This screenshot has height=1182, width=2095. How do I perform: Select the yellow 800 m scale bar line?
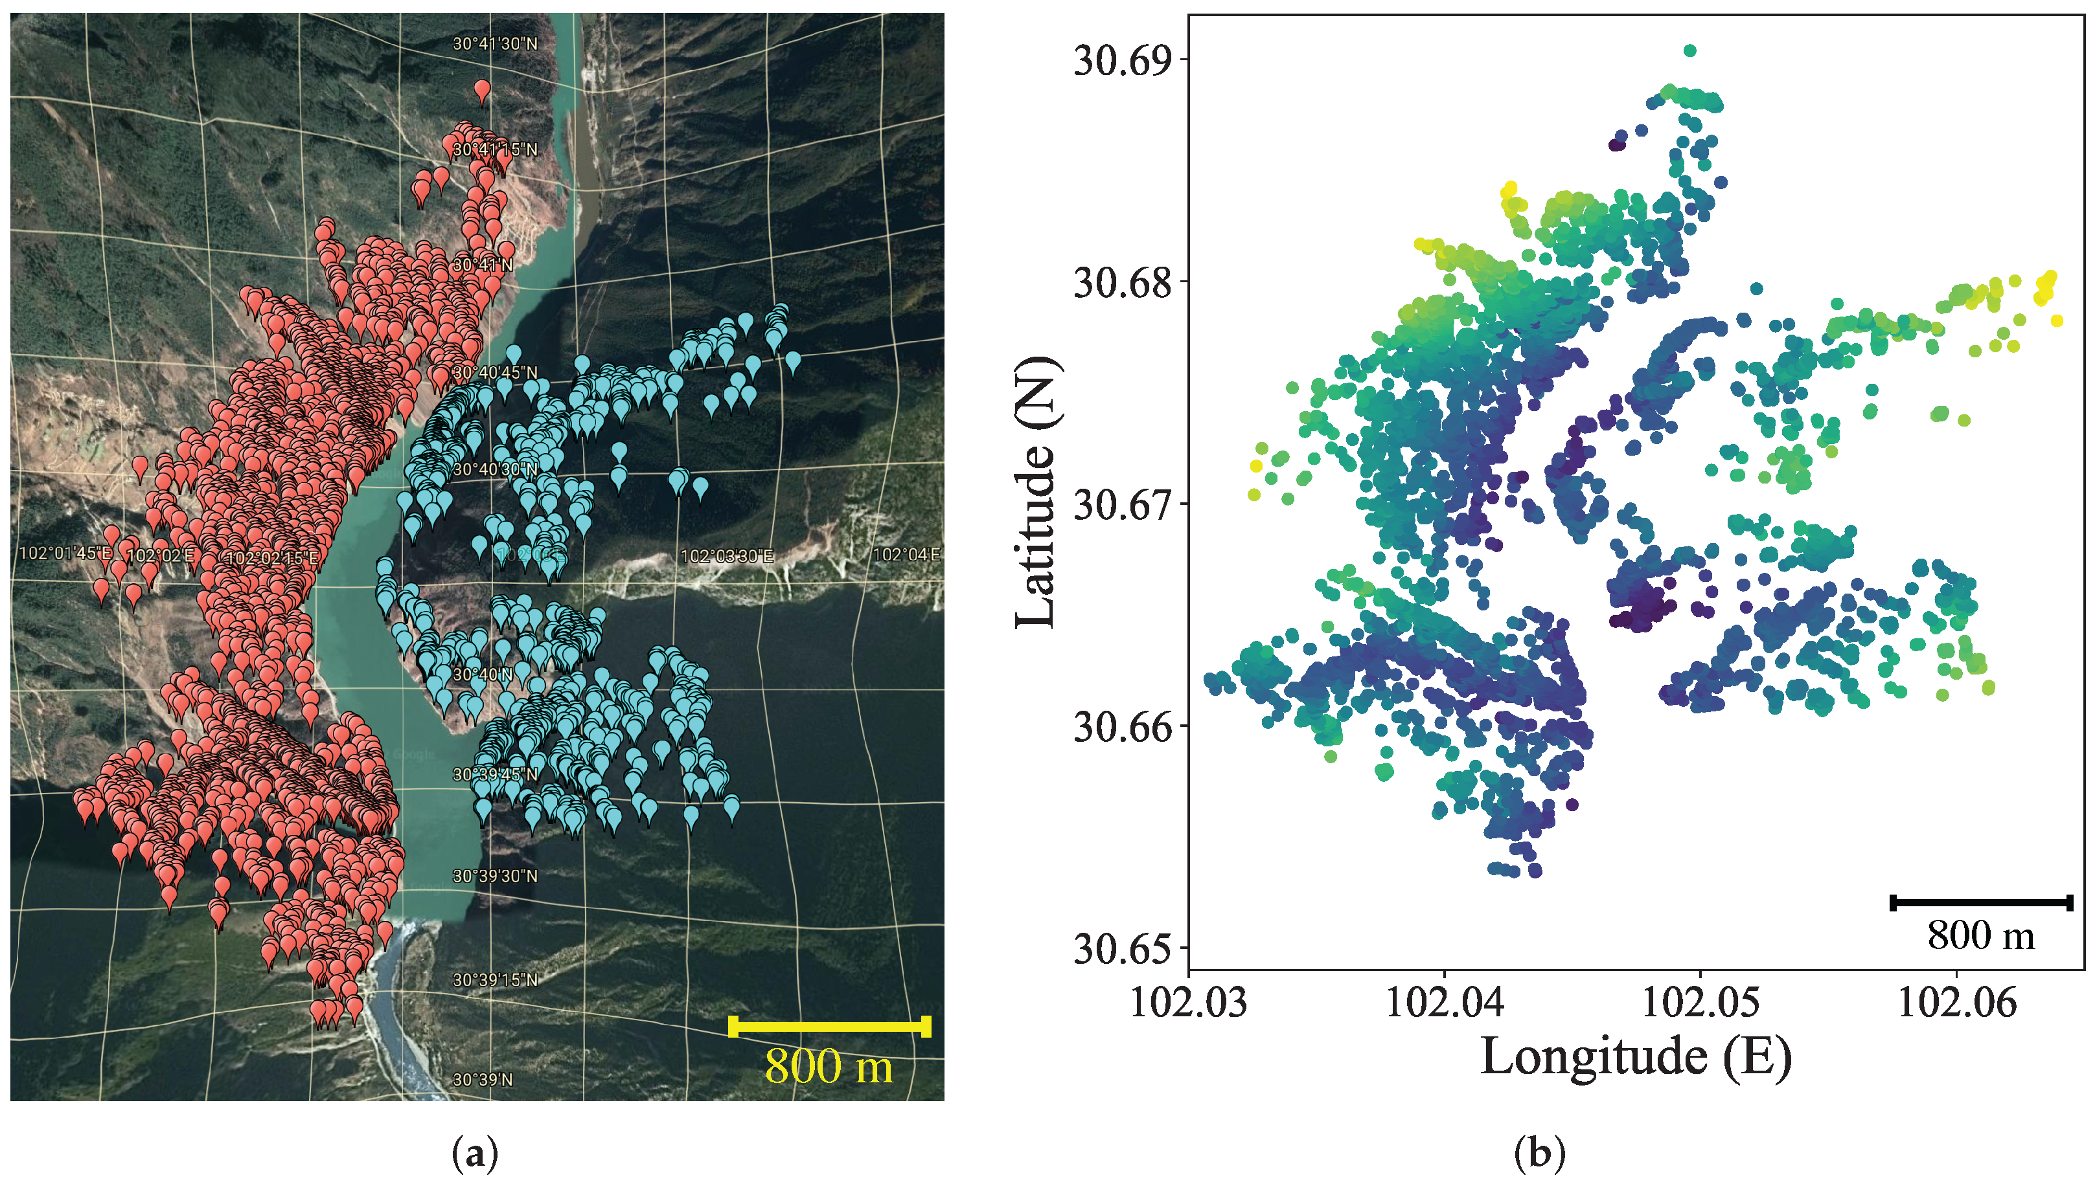(x=830, y=1026)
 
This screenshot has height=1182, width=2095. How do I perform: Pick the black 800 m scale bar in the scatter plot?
(x=1981, y=902)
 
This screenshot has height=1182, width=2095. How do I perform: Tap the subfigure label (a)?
(x=474, y=1154)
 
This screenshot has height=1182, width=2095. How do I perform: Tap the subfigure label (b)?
(x=1540, y=1154)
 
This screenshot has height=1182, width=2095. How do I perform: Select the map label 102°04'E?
(x=906, y=554)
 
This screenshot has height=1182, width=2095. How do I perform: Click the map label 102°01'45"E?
(x=65, y=553)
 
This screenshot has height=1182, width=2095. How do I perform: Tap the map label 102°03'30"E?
(x=726, y=556)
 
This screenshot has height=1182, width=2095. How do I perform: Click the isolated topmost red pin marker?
(x=482, y=89)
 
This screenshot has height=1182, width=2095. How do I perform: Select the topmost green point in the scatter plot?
(x=1690, y=50)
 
